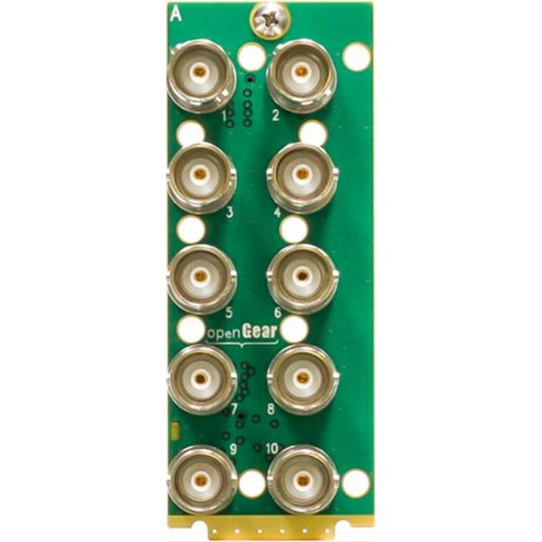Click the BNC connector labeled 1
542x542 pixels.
click(201, 76)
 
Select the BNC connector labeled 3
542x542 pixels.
click(201, 177)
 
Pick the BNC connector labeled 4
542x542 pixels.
click(302, 177)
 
